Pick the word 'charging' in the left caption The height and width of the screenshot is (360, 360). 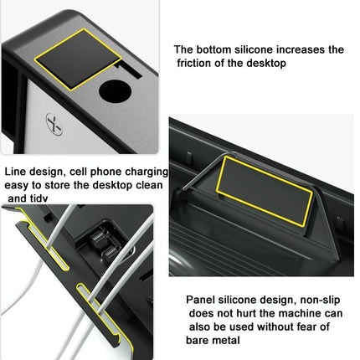click(146, 170)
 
